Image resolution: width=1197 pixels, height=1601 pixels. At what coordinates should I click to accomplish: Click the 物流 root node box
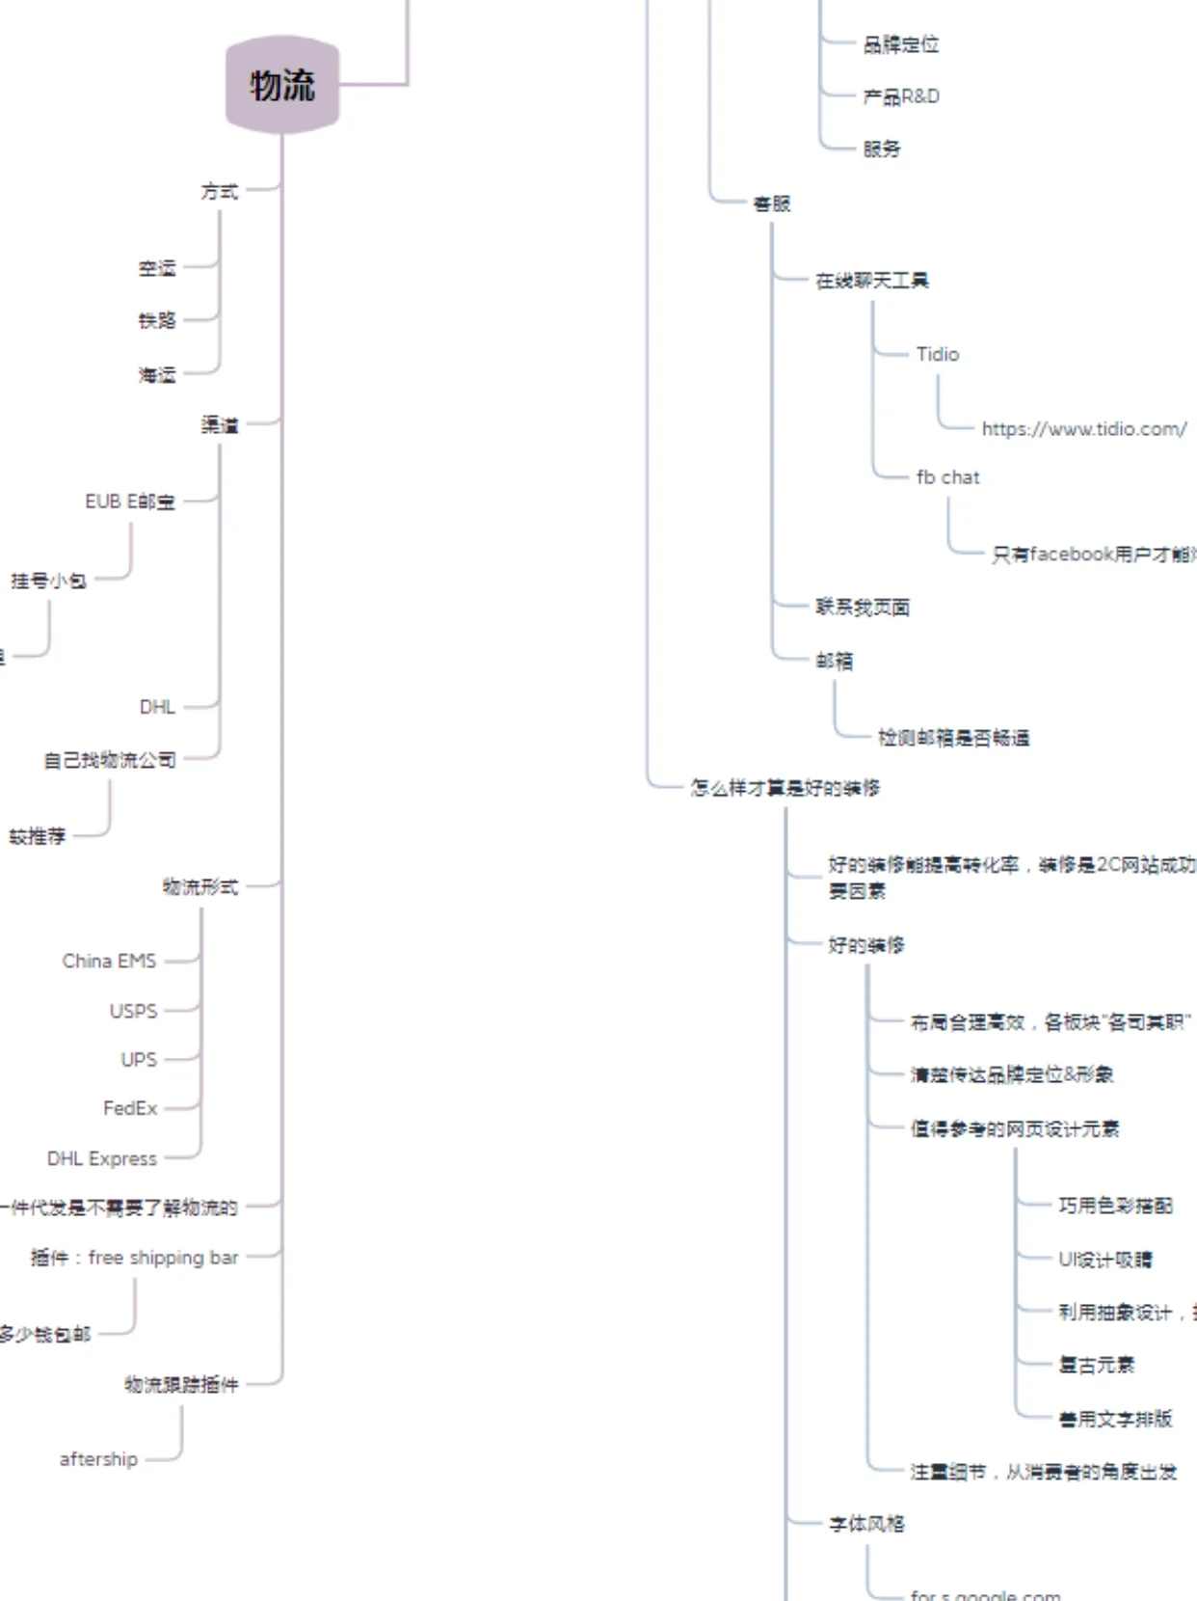click(x=282, y=85)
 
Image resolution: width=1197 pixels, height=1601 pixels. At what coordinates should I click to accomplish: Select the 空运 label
click(x=157, y=268)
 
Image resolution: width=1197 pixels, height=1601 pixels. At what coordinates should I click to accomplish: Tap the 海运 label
click(x=157, y=374)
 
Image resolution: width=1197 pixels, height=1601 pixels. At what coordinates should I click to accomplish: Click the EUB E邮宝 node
click(x=130, y=502)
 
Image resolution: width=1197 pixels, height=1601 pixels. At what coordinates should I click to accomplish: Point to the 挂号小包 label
click(x=48, y=581)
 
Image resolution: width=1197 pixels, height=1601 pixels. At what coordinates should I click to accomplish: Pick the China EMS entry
click(x=109, y=961)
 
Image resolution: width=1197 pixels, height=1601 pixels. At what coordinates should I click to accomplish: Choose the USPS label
click(x=133, y=1011)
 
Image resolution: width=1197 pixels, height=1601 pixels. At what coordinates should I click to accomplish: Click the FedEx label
click(x=130, y=1108)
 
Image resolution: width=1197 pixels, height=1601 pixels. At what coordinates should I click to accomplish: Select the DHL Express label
click(x=102, y=1158)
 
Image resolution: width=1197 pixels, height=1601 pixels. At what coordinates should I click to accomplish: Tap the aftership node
click(x=98, y=1459)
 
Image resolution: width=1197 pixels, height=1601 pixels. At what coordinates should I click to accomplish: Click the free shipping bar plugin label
click(x=134, y=1258)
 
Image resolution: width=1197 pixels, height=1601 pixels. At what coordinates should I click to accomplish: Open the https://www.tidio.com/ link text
click(x=1084, y=429)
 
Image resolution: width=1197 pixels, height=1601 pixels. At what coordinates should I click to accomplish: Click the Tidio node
click(x=938, y=354)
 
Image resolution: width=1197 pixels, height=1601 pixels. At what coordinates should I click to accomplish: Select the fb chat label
click(x=947, y=477)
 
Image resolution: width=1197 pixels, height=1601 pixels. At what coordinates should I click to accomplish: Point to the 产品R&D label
click(x=901, y=96)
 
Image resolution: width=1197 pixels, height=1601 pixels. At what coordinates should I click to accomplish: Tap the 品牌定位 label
click(x=901, y=44)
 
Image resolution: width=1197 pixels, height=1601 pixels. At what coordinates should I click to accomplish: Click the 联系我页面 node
click(x=863, y=607)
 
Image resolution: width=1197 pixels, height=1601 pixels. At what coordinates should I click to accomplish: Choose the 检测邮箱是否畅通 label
click(x=953, y=738)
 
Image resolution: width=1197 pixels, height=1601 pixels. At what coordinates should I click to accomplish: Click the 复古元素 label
click(x=1097, y=1365)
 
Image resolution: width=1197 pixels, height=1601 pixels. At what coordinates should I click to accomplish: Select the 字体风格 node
click(x=866, y=1524)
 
